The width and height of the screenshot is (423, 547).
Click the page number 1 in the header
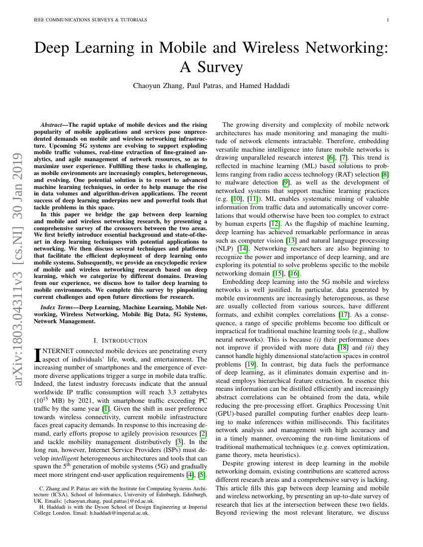(387, 20)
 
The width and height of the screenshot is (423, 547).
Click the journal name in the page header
(90, 20)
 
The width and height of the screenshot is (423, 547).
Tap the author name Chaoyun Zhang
(159, 86)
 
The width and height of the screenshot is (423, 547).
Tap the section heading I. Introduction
(120, 341)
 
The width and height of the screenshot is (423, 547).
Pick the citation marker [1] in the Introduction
(106, 395)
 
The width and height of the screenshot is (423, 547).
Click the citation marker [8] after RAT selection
(385, 174)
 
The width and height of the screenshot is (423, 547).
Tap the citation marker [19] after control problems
(251, 365)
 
